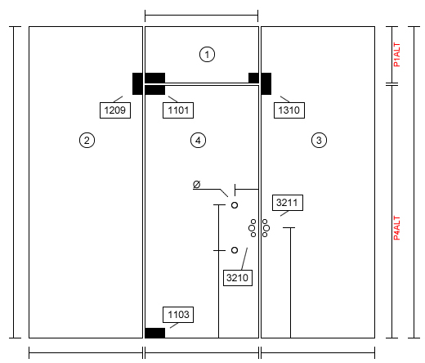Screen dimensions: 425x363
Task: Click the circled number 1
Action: point(207,54)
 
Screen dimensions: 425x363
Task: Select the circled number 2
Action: point(87,141)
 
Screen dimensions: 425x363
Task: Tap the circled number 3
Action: point(319,141)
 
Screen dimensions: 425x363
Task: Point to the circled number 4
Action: point(198,141)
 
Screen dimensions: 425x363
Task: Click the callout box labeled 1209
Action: point(115,110)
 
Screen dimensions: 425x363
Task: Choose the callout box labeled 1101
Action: point(178,110)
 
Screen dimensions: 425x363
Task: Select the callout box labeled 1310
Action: point(289,110)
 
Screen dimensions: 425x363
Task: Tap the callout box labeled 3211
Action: point(288,203)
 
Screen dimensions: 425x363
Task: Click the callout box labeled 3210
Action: point(238,278)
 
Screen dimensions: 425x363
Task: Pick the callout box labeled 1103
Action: point(178,315)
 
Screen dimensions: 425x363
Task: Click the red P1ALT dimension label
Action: point(397,55)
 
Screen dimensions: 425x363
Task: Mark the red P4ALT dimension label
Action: point(397,228)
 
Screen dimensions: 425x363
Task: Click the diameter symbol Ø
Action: point(196,185)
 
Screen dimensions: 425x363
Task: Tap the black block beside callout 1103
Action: point(154,333)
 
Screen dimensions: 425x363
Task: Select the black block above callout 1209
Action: point(137,83)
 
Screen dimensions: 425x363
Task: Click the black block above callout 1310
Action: point(266,83)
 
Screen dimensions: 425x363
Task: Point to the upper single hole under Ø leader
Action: point(235,205)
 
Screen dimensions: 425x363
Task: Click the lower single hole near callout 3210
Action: point(235,250)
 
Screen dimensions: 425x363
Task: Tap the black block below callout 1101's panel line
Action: point(154,90)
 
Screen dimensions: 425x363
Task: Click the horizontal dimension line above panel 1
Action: point(201,16)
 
